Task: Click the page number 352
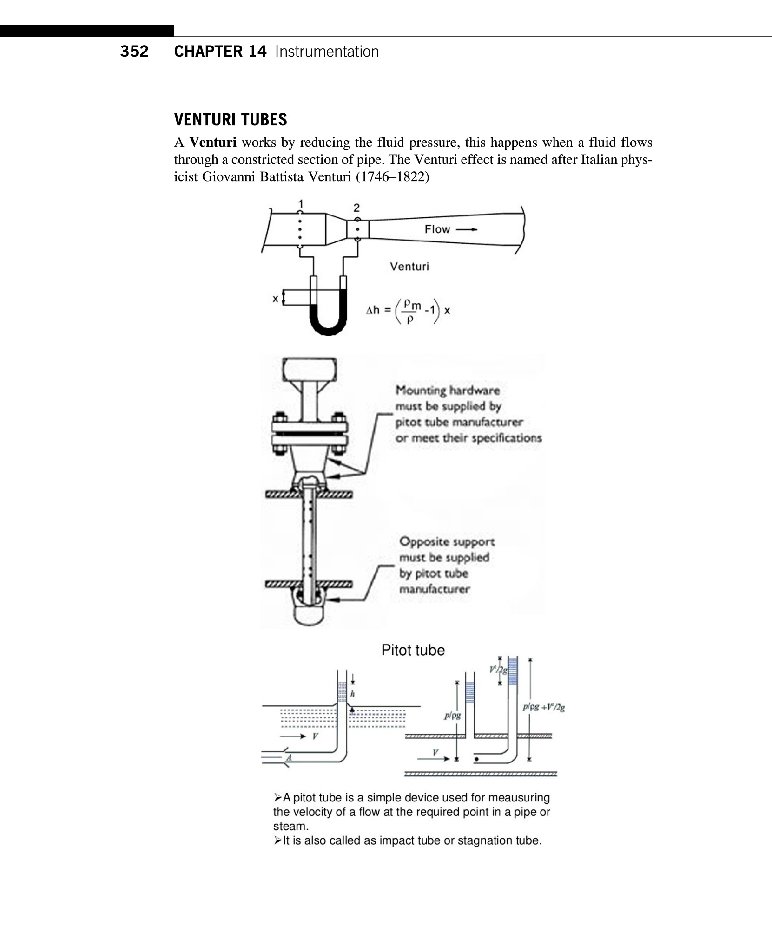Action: coord(134,52)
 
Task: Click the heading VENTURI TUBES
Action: coord(231,120)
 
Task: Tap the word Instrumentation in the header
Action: coord(327,52)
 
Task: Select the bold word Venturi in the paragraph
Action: coord(213,142)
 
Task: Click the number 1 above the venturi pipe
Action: coord(301,203)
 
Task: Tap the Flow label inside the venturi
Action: coord(437,229)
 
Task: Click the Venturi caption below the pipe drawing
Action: coord(409,267)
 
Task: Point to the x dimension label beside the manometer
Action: coord(275,299)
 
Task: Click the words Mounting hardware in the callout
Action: coord(447,391)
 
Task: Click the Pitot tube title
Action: coord(413,650)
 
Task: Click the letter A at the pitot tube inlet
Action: coord(289,758)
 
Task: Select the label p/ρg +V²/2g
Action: coord(544,708)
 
